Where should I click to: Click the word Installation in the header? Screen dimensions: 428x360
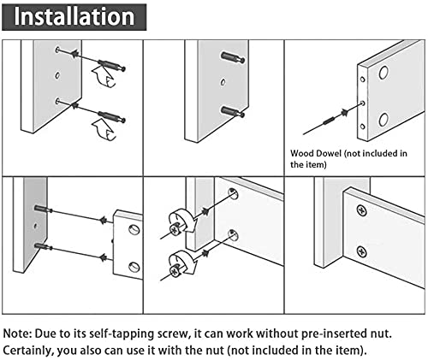tap(74, 16)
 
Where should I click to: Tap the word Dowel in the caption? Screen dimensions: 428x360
tap(328, 153)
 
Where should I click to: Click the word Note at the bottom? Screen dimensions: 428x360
tap(16, 333)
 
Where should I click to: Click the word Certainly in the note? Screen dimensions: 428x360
tap(28, 351)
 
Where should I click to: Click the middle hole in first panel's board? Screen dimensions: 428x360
tap(57, 75)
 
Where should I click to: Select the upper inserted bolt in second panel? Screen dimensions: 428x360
tap(233, 57)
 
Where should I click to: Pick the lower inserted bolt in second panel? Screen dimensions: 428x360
tap(233, 112)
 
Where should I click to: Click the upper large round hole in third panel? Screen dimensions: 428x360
tap(383, 73)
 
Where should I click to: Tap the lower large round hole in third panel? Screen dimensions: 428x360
tap(383, 120)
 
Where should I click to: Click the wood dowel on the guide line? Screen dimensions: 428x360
tap(330, 121)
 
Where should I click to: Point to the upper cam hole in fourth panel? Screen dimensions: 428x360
tap(134, 229)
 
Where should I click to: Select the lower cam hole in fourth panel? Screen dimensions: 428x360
tap(134, 267)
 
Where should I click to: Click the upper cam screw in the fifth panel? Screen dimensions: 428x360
tap(174, 229)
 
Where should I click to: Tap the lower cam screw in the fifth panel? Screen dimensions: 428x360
tap(175, 270)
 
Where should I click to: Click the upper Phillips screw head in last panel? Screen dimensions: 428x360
tap(361, 211)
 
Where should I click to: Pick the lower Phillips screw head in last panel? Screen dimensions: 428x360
tap(361, 252)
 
